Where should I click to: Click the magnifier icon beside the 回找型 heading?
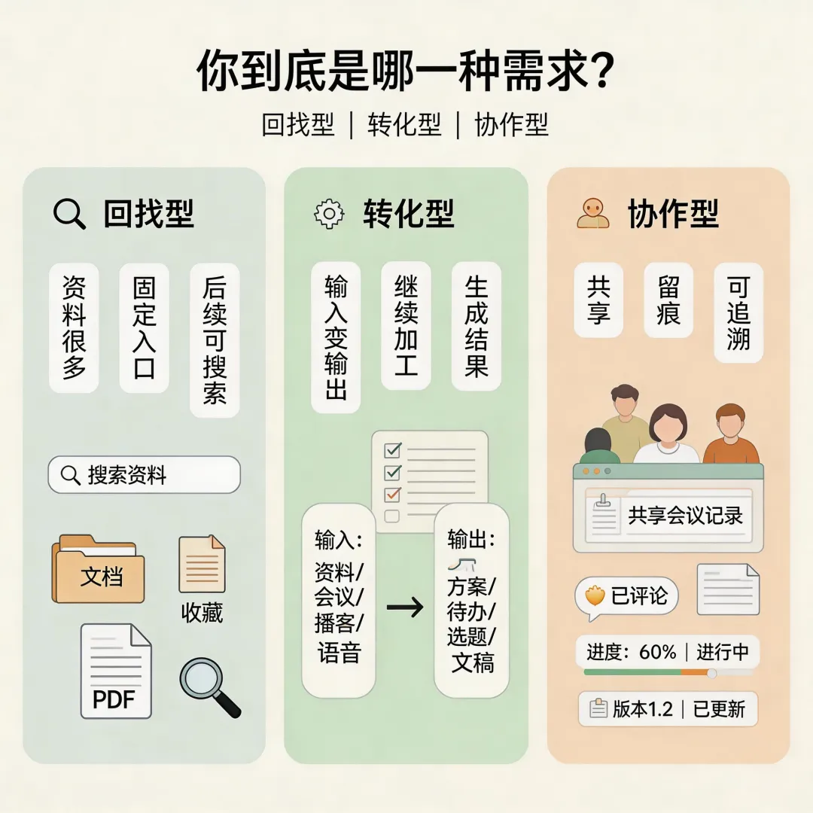[70, 215]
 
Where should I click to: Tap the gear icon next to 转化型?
[329, 214]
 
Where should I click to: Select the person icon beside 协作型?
[593, 214]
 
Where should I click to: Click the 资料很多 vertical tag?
[74, 327]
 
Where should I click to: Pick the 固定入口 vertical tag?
[144, 327]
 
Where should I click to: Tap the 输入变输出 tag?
[336, 337]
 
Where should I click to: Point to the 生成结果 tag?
[476, 326]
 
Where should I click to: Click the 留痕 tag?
[668, 300]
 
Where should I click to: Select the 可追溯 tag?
[738, 312]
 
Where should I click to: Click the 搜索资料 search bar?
[144, 475]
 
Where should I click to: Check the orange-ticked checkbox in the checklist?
[392, 495]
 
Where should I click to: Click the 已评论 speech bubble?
[626, 596]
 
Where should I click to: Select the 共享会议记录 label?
[685, 516]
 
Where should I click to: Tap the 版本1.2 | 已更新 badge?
[668, 709]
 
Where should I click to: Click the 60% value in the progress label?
[657, 652]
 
